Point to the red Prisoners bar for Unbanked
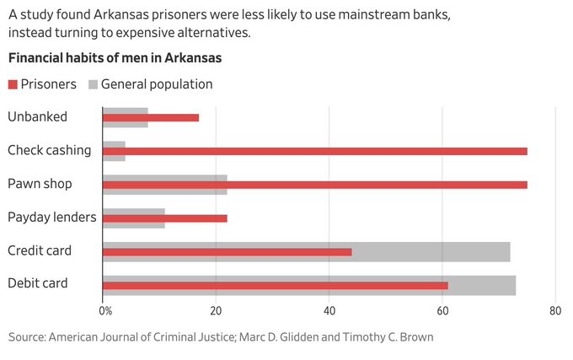[151, 117]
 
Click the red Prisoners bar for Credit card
[227, 251]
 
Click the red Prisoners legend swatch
[13, 84]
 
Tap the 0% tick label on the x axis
[105, 311]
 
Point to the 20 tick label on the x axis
[216, 311]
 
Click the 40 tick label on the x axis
[329, 311]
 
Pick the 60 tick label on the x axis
[442, 311]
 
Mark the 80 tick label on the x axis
[554, 311]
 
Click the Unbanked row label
[36, 117]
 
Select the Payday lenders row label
[52, 218]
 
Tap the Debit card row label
[39, 284]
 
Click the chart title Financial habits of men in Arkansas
[115, 59]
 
